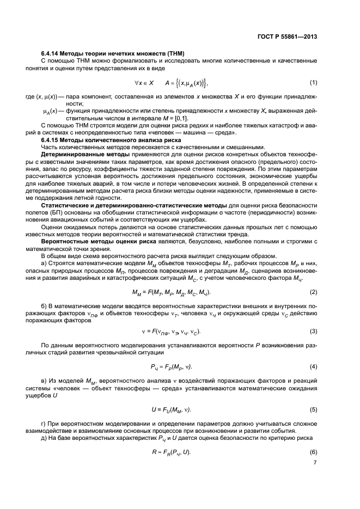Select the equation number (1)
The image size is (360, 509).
pyautogui.click(x=313, y=82)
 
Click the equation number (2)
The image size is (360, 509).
pyautogui.click(x=313, y=293)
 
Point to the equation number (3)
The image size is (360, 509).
pyautogui.click(x=313, y=331)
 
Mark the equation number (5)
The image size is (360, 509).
pyautogui.click(x=313, y=409)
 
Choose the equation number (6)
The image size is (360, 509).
pyautogui.click(x=313, y=453)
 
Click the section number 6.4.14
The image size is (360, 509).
pyautogui.click(x=51, y=53)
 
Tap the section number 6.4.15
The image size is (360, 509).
pyautogui.click(x=51, y=140)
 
